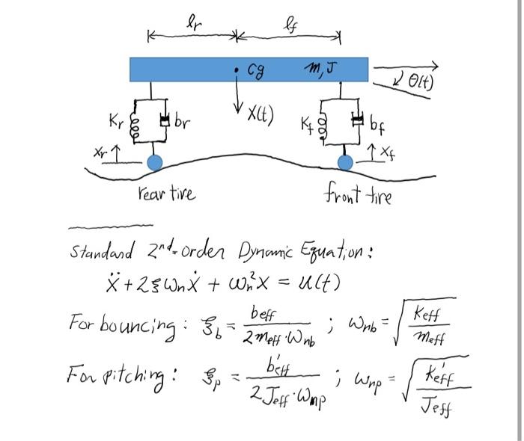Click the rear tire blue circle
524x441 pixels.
[x=155, y=163]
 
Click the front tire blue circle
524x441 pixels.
[x=345, y=163]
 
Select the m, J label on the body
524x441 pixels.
[x=321, y=70]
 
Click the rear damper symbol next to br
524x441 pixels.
[x=165, y=120]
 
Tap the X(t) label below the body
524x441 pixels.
[x=261, y=115]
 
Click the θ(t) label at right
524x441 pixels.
[x=421, y=81]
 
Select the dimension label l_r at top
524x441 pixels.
[x=194, y=23]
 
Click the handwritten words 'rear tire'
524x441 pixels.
[x=167, y=193]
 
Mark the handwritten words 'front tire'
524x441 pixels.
[x=358, y=194]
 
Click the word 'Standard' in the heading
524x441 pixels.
[x=102, y=251]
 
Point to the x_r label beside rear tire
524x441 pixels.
[x=100, y=152]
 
